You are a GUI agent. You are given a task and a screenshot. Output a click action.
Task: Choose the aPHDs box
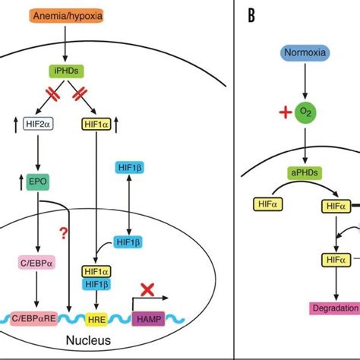pos(304,173)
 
